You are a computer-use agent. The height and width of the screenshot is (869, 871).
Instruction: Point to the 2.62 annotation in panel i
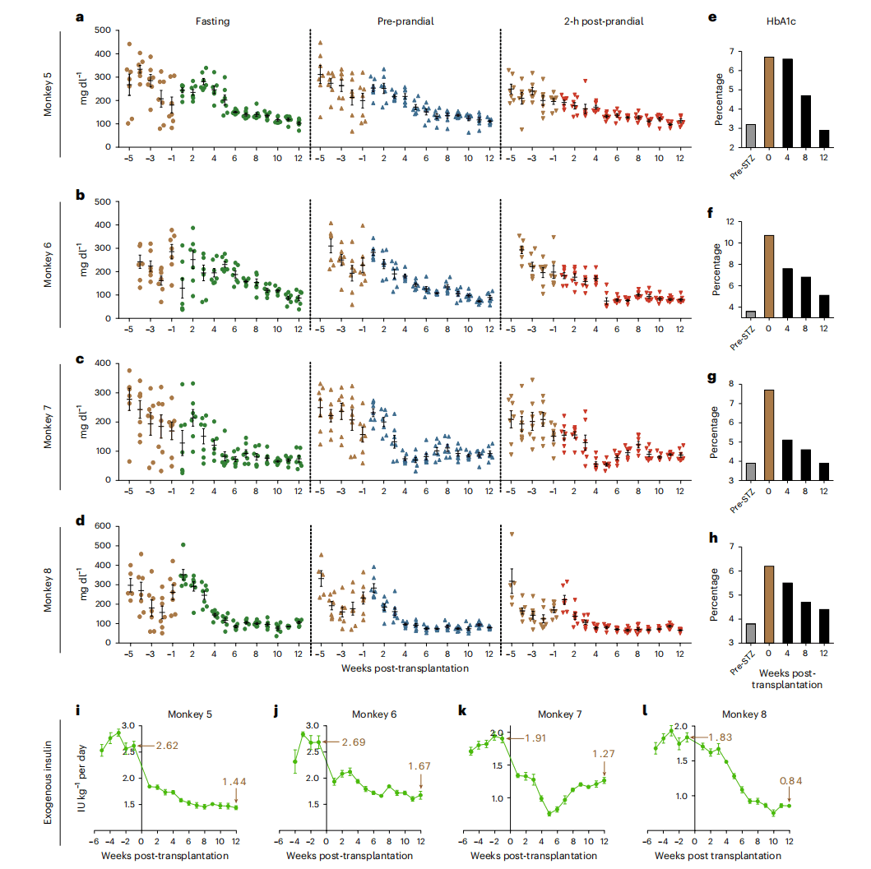coord(162,747)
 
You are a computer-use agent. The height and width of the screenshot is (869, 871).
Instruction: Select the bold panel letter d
coord(79,520)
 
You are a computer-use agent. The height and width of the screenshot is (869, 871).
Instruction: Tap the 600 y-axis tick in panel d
coord(104,526)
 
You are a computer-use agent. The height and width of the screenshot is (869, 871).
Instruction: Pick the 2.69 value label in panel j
coord(350,742)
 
